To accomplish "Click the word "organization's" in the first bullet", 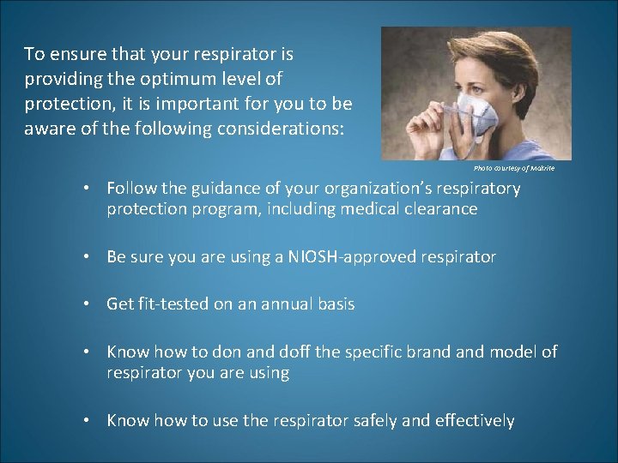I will click(369, 188).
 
